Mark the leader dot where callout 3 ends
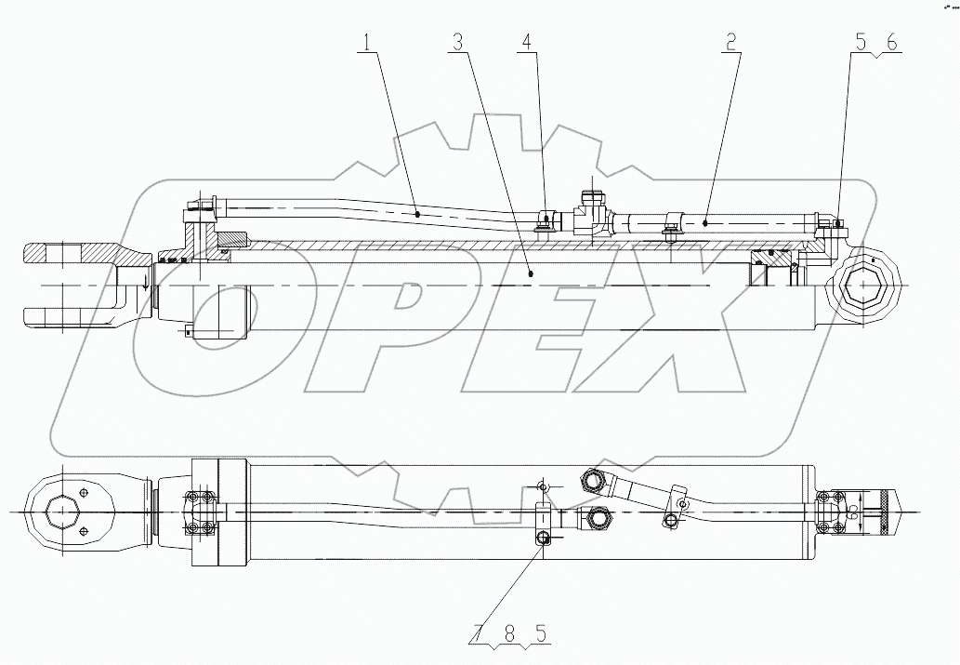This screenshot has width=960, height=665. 530,273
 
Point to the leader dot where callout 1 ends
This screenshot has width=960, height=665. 417,214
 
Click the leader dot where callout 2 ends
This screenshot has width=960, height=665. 705,222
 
